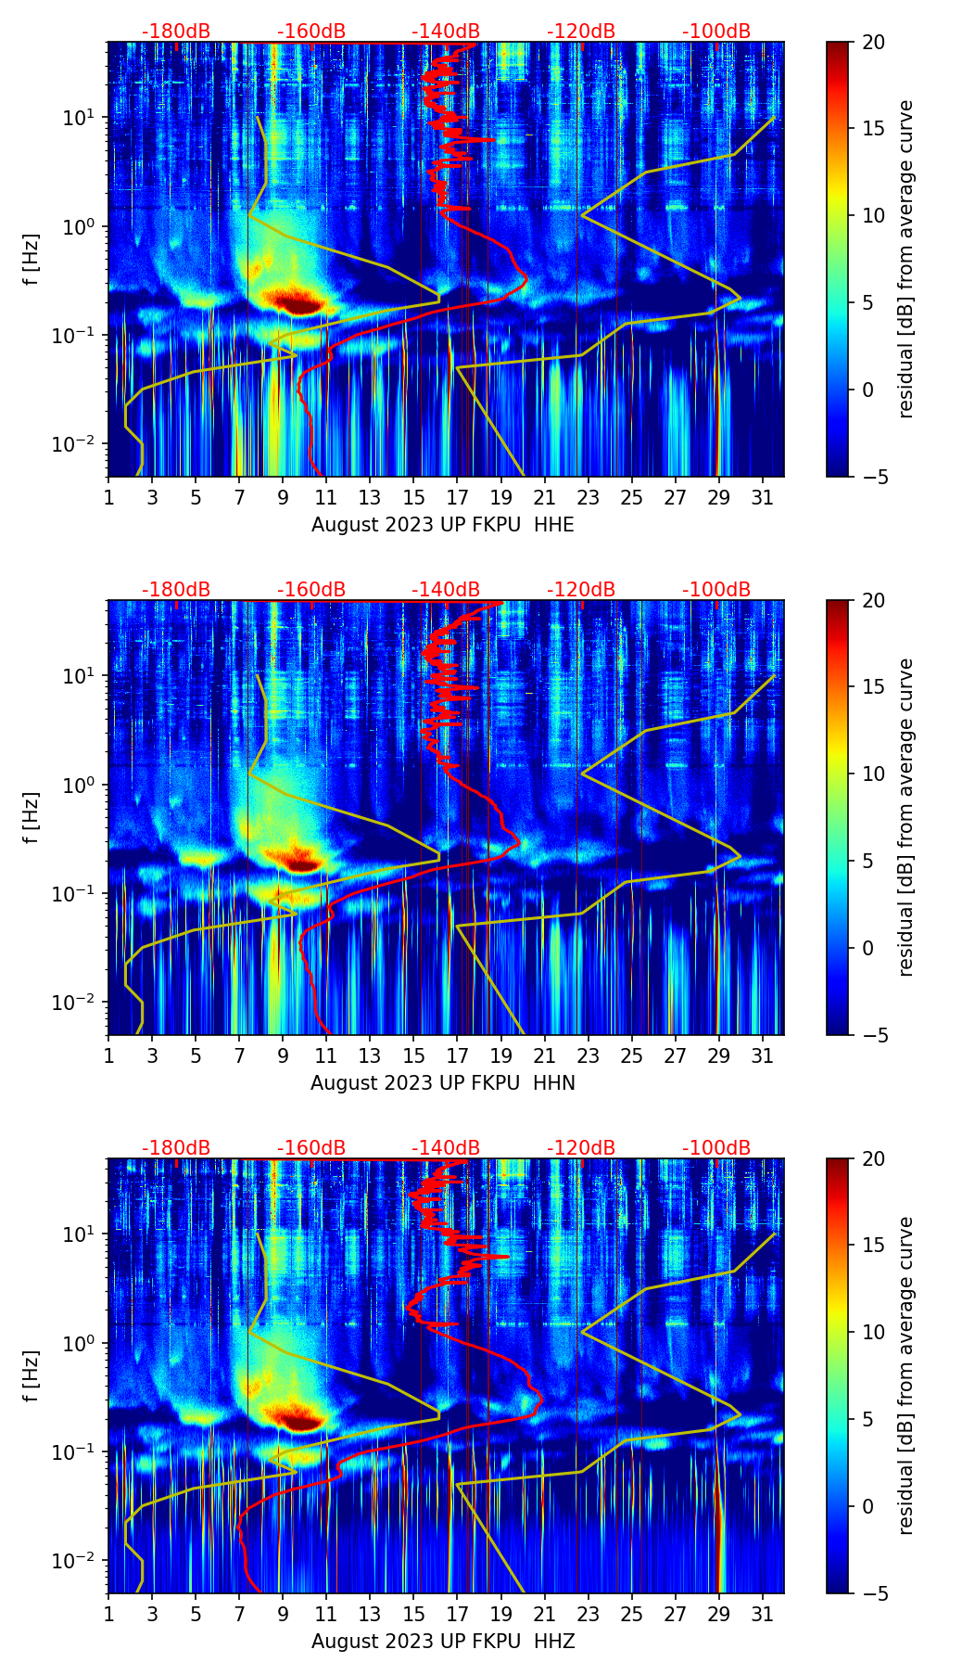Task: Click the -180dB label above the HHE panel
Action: click(176, 32)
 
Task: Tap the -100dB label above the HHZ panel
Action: click(716, 1148)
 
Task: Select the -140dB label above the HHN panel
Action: click(446, 590)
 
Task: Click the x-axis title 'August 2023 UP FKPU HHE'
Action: click(443, 525)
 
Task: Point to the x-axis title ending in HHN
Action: click(443, 1083)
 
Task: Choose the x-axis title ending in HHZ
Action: click(443, 1642)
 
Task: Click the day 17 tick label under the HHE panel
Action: click(457, 498)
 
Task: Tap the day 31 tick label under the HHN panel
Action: click(763, 1056)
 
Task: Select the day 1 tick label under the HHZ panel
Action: click(108, 1615)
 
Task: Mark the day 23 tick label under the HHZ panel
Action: click(588, 1615)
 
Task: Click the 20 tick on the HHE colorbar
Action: click(873, 43)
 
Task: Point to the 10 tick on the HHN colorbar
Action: click(873, 774)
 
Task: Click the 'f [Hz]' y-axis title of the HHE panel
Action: click(32, 260)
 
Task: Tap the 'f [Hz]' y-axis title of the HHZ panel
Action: click(32, 1376)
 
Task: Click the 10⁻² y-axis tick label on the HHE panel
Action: click(76, 444)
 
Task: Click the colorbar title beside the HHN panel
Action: click(906, 817)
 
